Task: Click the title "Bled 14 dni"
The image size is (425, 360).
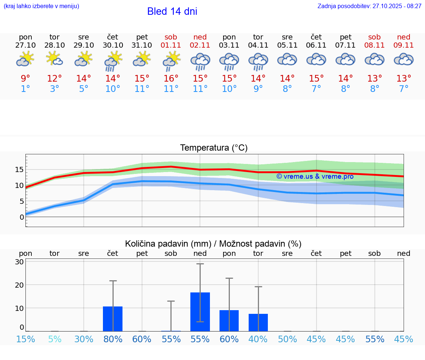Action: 172,11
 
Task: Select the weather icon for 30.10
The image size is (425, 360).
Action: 113,61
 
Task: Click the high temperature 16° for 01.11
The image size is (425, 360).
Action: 171,79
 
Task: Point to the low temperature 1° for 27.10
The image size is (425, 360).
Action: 25,89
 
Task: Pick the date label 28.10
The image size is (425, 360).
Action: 55,45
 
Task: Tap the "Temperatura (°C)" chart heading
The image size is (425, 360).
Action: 214,148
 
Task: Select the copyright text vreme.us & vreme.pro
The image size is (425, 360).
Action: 315,176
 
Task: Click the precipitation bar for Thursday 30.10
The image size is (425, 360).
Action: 113,319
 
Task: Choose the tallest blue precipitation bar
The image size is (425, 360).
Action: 200,312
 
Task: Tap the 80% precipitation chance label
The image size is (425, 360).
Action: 113,339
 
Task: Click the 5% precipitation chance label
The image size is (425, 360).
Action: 55,339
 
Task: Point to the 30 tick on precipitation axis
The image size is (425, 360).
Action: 19,262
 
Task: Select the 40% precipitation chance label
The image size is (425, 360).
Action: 258,339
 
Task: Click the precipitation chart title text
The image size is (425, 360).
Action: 213,244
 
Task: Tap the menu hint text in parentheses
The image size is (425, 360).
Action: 41,6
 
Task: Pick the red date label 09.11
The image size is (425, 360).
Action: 404,45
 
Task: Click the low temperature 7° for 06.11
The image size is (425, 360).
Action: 316,89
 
